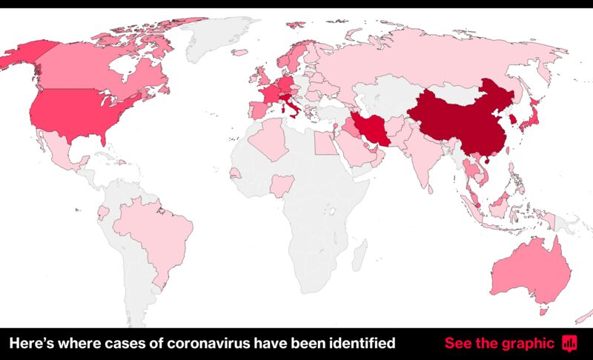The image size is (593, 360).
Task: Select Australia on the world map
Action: pyautogui.click(x=529, y=270)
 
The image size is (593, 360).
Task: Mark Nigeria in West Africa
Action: pyautogui.click(x=282, y=184)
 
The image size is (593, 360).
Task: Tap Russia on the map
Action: pyautogui.click(x=430, y=59)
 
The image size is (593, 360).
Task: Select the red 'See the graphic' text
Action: pyautogui.click(x=499, y=344)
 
